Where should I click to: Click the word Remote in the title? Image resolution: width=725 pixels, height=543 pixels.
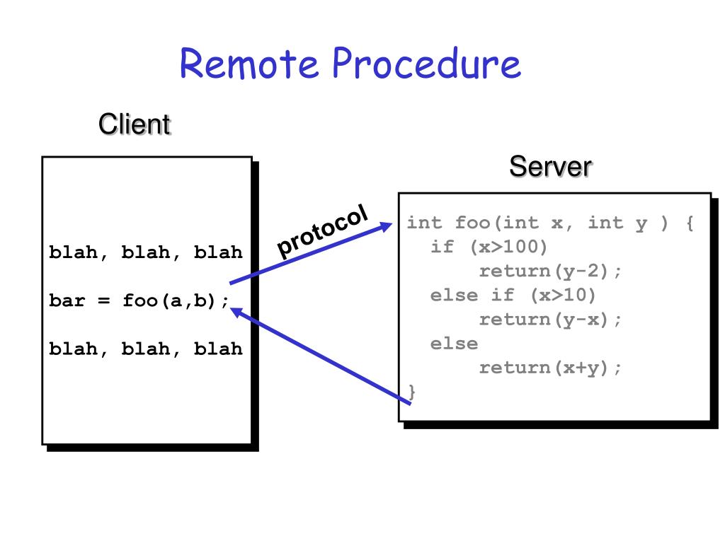(x=249, y=63)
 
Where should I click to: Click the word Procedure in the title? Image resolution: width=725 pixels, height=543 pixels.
(x=427, y=64)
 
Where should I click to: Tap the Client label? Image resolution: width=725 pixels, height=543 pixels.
(x=134, y=124)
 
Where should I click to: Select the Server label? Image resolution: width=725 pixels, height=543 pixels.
(x=550, y=166)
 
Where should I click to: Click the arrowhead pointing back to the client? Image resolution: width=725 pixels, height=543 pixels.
(x=236, y=313)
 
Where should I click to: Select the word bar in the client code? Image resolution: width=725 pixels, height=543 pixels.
(x=67, y=300)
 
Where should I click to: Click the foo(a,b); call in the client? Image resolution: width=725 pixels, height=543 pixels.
(x=176, y=301)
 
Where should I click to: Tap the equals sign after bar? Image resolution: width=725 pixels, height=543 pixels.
(x=103, y=301)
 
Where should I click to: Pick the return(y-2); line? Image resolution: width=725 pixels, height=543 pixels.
(x=550, y=271)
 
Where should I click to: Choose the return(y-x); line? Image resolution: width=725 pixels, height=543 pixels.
(x=550, y=320)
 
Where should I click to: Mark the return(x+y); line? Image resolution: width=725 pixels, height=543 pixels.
(x=550, y=368)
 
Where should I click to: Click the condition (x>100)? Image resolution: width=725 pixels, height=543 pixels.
(x=508, y=247)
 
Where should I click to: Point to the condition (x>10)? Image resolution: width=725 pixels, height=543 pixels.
(x=563, y=296)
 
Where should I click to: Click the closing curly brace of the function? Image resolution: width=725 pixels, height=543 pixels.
(x=411, y=392)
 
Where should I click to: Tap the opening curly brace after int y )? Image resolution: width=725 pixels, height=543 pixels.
(x=690, y=223)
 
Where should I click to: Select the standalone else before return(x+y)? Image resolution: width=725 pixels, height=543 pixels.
(x=454, y=344)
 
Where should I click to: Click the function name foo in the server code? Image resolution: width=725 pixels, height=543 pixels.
(x=472, y=223)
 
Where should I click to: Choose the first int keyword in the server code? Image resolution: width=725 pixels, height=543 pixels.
(x=425, y=223)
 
